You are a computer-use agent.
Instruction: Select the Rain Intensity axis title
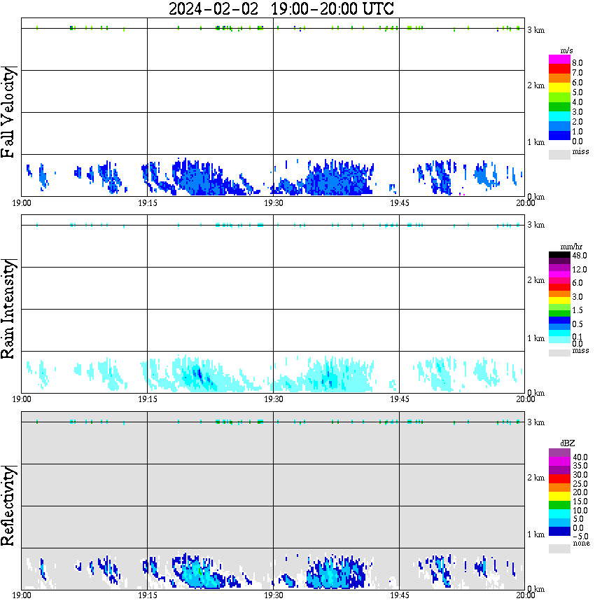9,309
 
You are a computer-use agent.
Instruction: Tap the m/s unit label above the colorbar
568,50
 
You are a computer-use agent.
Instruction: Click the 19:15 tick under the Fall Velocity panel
147,203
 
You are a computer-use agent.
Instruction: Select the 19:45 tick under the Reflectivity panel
399,595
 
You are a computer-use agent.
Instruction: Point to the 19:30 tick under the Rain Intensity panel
273,399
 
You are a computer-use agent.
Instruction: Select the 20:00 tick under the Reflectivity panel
525,595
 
